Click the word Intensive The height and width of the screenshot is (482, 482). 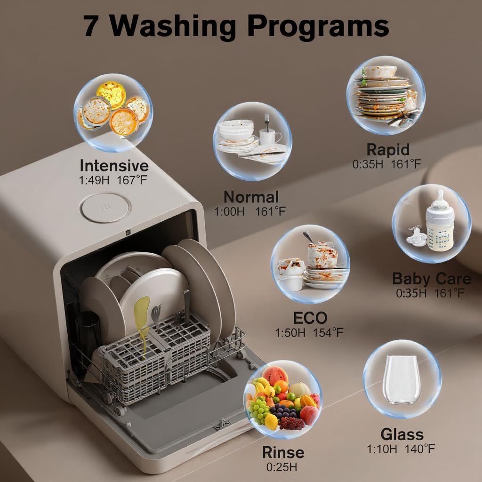[x=114, y=166]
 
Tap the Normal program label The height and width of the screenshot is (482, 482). [x=251, y=197]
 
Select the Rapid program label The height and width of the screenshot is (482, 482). [x=388, y=150]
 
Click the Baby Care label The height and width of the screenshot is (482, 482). [x=431, y=279]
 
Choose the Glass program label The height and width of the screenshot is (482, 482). [x=402, y=434]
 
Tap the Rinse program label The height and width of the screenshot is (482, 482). [x=283, y=453]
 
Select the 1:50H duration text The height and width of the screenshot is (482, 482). [x=290, y=333]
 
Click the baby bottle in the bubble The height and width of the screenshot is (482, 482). [x=440, y=222]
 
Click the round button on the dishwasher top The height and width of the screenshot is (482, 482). [x=104, y=207]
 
